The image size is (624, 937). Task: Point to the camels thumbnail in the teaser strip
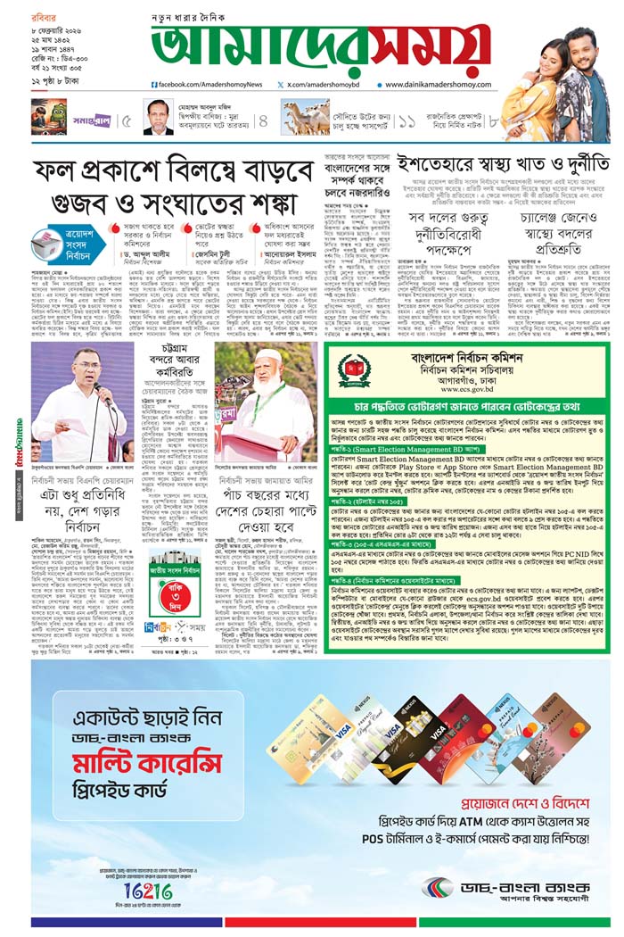click(306, 117)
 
